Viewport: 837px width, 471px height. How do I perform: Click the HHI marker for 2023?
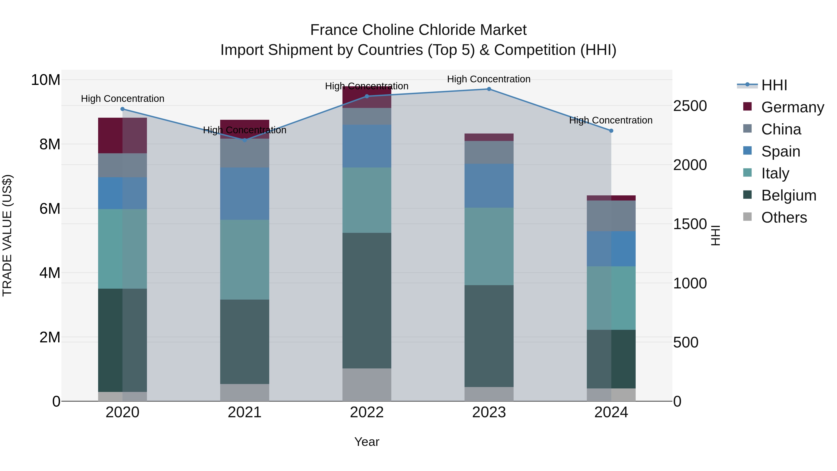pos(489,89)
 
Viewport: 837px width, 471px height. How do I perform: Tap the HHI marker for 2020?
pos(123,109)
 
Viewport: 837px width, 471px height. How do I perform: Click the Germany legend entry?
pos(792,107)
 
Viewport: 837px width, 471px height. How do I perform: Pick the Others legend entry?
pos(784,217)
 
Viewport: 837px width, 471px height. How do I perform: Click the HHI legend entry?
pos(774,85)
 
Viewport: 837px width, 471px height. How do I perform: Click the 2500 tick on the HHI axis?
pos(690,106)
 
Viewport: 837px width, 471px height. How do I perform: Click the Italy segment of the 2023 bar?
pos(489,246)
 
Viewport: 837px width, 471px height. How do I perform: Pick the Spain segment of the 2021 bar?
pos(244,194)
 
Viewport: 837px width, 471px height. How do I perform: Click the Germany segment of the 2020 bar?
pos(123,136)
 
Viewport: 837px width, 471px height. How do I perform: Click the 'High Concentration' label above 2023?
pos(489,79)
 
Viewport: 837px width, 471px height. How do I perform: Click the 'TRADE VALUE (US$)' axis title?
pos(7,235)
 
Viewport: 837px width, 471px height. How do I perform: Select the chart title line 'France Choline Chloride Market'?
pos(418,30)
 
